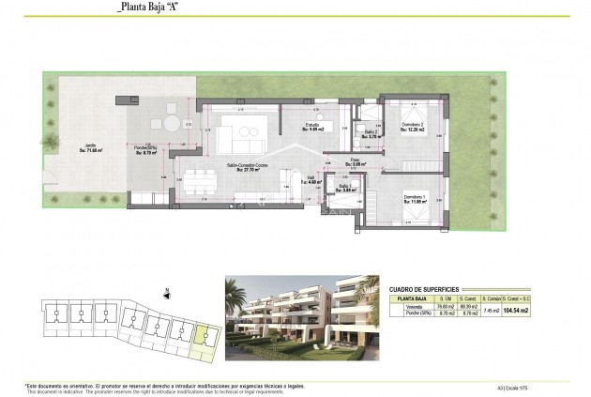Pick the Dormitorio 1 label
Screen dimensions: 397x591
(413, 199)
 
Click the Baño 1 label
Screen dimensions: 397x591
(346, 189)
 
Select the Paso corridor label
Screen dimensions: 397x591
(356, 162)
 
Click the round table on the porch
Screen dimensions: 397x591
(172, 122)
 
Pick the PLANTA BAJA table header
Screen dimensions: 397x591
(406, 298)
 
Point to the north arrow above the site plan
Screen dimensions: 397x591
(165, 291)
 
